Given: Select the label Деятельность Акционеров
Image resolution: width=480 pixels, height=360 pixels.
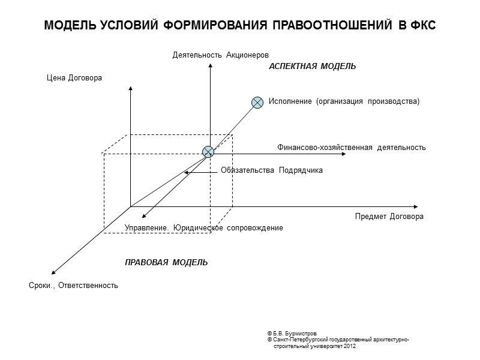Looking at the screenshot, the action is pyautogui.click(x=217, y=55).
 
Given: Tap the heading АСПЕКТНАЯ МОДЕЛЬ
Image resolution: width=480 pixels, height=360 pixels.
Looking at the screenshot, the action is pyautogui.click(x=312, y=67).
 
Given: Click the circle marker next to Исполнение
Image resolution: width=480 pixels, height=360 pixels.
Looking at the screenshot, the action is pyautogui.click(x=257, y=102).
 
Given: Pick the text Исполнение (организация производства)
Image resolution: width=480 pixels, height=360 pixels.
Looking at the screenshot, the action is pyautogui.click(x=344, y=101).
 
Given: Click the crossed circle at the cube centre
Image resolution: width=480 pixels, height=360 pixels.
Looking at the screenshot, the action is pyautogui.click(x=208, y=152).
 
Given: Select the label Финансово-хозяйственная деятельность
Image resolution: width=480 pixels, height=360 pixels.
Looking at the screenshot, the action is pyautogui.click(x=352, y=147).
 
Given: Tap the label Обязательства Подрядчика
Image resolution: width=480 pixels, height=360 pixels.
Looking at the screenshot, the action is pyautogui.click(x=272, y=170).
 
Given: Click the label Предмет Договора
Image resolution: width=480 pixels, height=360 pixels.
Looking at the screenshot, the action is pyautogui.click(x=389, y=217).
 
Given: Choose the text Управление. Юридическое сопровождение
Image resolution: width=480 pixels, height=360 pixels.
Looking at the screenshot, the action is pyautogui.click(x=203, y=228).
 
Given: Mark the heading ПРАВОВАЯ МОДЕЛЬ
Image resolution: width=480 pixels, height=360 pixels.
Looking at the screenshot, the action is pyautogui.click(x=166, y=262).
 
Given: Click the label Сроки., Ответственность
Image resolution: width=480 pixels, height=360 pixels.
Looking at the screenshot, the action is pyautogui.click(x=73, y=286).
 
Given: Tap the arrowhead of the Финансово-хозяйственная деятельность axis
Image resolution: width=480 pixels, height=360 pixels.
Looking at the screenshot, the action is pyautogui.click(x=344, y=154).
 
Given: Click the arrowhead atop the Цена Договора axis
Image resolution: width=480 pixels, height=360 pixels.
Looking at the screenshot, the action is pyautogui.click(x=130, y=89).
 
